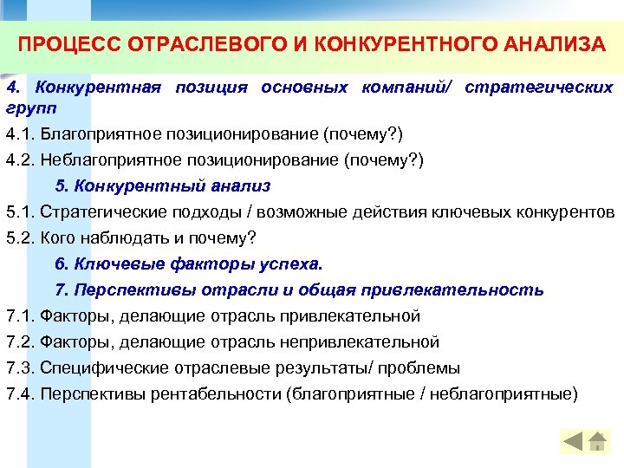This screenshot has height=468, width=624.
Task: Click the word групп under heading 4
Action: tap(28, 108)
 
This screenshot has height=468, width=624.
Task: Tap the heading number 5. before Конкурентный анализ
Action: tap(62, 185)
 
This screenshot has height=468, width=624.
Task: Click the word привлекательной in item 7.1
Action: tap(357, 315)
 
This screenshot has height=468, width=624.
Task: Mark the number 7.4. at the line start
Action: tap(19, 393)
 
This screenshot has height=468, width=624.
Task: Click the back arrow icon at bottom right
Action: tap(573, 442)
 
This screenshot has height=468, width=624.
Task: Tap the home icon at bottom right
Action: tap(598, 442)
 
